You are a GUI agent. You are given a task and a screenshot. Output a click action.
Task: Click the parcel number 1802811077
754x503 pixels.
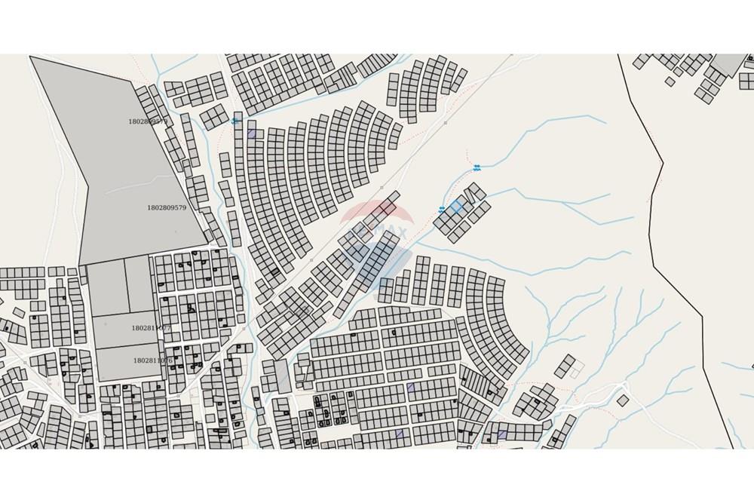tap(152, 328)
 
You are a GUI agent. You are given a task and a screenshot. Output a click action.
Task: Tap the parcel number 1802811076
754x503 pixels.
tap(152, 360)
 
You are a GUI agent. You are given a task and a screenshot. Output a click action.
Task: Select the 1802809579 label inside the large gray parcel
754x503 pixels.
tap(167, 207)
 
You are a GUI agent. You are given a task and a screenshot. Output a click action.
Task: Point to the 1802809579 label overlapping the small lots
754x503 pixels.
tap(148, 121)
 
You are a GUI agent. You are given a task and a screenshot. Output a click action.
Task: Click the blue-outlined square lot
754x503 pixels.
tap(456, 205)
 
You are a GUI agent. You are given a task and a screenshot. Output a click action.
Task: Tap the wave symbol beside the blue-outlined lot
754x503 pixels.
tap(443, 210)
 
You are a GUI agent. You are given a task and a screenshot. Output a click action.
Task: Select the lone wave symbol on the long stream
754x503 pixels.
tap(477, 166)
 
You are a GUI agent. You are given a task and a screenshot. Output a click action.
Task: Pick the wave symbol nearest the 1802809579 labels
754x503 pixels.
tap(234, 121)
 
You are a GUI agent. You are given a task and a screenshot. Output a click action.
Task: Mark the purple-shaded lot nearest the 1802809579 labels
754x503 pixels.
tap(251, 133)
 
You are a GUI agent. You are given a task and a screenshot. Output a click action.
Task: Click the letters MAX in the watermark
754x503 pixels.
tap(391, 231)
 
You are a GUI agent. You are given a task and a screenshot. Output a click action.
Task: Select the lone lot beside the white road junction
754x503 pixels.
tap(623, 400)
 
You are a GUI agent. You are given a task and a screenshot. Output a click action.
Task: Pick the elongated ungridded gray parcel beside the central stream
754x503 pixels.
tap(282, 376)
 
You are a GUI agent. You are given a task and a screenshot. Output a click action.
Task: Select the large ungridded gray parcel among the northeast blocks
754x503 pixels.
tap(728, 63)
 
